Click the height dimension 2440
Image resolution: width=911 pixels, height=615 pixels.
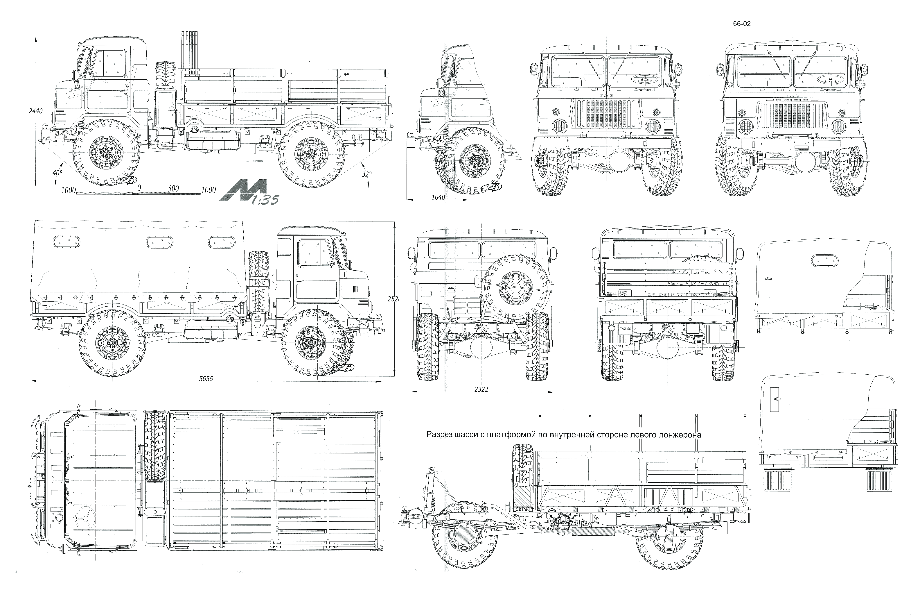pyautogui.click(x=35, y=111)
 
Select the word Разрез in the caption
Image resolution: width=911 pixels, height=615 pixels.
pyautogui.click(x=438, y=435)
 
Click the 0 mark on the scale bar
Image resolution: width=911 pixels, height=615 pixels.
pyautogui.click(x=139, y=188)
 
